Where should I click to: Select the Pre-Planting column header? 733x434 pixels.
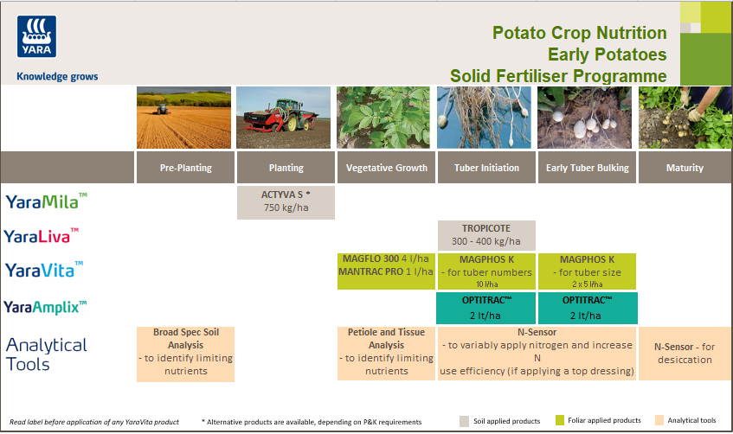click(x=185, y=168)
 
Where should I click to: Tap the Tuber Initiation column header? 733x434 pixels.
click(x=486, y=168)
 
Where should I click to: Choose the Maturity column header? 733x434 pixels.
click(x=685, y=168)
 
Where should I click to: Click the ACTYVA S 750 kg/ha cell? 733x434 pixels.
click(x=286, y=201)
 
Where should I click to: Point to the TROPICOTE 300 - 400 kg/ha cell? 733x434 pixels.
click(x=486, y=235)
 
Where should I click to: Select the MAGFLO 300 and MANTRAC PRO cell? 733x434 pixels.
click(x=386, y=271)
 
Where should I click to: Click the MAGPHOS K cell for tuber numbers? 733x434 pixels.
click(x=486, y=271)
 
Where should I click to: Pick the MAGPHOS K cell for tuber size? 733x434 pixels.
click(x=587, y=271)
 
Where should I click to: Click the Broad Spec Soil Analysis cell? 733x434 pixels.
click(x=185, y=351)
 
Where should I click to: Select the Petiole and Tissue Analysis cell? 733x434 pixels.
click(x=386, y=351)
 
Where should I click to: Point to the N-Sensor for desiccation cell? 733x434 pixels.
click(x=685, y=353)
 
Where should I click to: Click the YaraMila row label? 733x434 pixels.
click(x=46, y=201)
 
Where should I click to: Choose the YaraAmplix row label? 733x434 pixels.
click(x=46, y=306)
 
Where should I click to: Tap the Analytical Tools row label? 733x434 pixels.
click(x=46, y=354)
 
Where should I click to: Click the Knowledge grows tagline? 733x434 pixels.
click(x=57, y=76)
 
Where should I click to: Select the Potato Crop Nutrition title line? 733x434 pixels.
click(x=579, y=33)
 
